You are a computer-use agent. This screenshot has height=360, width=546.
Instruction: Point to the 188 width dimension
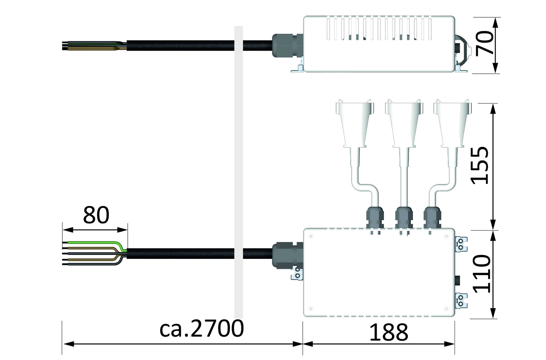point(389,332)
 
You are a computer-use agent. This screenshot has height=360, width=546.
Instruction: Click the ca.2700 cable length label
point(201,329)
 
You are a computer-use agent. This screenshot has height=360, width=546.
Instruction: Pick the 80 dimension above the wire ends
point(96,215)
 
